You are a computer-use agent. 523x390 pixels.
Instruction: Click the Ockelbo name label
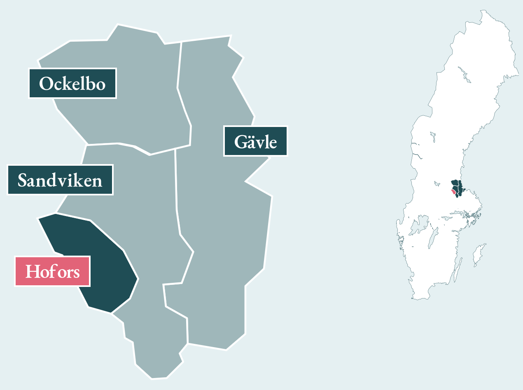[72, 84]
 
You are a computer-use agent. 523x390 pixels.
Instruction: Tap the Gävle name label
[255, 141]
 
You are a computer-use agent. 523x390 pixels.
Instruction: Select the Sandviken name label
[60, 180]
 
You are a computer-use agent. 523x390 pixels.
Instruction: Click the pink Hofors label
[52, 271]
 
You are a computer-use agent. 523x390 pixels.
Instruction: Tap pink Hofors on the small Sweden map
[453, 192]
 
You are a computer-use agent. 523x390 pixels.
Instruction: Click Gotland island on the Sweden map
[479, 254]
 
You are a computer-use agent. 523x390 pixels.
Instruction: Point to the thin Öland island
[459, 270]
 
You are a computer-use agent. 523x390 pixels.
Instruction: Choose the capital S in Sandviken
[23, 181]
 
